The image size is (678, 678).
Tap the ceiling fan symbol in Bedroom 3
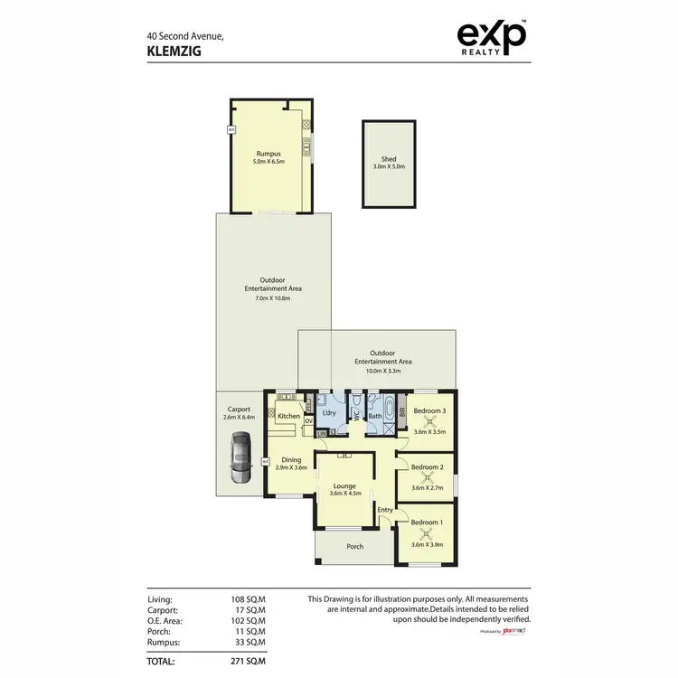tap(429, 420)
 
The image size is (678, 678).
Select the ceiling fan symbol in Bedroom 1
tap(428, 533)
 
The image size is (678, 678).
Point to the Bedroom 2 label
tap(428, 467)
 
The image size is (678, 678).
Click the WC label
tap(355, 415)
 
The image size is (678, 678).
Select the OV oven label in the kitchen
tap(308, 419)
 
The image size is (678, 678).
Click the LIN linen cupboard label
tap(321, 434)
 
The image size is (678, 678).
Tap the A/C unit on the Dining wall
tap(266, 462)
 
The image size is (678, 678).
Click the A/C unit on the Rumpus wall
tap(231, 130)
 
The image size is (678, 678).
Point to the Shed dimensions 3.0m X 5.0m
tap(389, 167)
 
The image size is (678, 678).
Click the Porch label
tap(354, 546)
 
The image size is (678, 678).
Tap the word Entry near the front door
tap(385, 510)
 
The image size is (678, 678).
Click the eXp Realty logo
tap(492, 39)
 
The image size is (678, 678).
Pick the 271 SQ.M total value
tap(247, 661)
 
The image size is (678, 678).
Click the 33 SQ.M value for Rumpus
tap(249, 643)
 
